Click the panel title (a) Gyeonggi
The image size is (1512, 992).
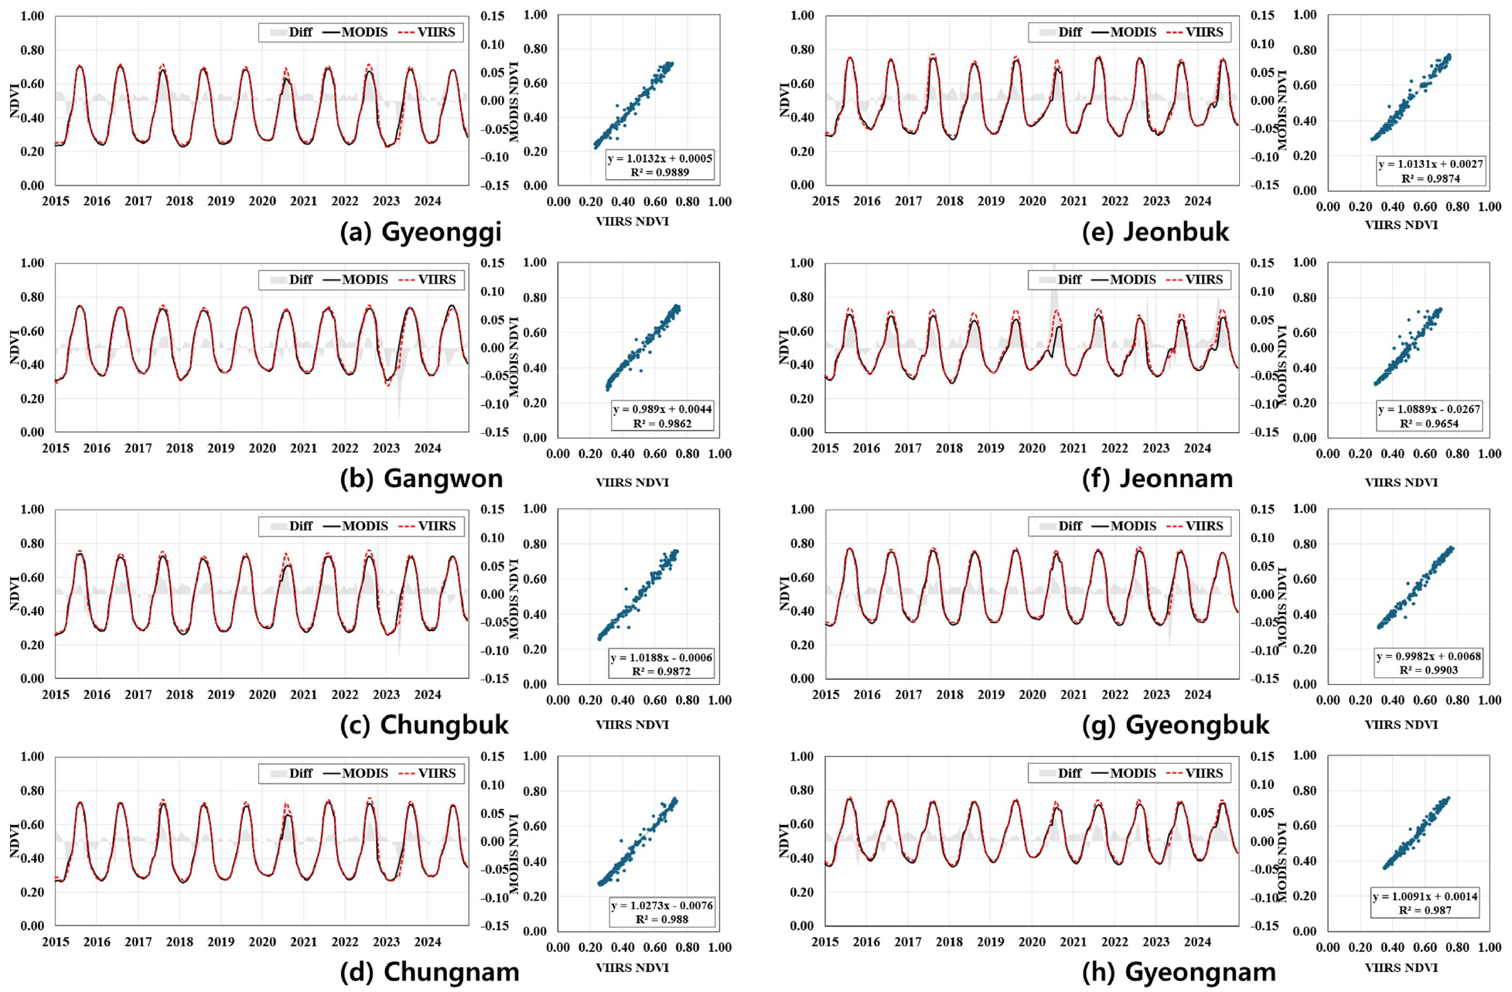pyautogui.click(x=421, y=232)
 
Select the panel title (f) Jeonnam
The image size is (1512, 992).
pyautogui.click(x=1158, y=479)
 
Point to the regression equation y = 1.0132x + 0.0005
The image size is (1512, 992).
pyautogui.click(x=660, y=159)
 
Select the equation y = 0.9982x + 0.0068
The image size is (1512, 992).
pyautogui.click(x=1428, y=656)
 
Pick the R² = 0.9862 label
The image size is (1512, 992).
pyautogui.click(x=662, y=424)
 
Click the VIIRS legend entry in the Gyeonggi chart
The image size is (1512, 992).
pyautogui.click(x=428, y=32)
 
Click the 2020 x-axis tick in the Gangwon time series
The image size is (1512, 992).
pyautogui.click(x=262, y=448)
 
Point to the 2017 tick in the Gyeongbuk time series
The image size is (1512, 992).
pyautogui.click(x=908, y=694)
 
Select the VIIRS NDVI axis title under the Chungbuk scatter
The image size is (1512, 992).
pyautogui.click(x=632, y=724)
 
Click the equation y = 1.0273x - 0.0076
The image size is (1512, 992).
pyautogui.click(x=662, y=905)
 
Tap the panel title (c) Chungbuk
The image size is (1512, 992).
pyautogui.click(x=424, y=725)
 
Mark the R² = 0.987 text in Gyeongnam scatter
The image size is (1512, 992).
pyautogui.click(x=1425, y=911)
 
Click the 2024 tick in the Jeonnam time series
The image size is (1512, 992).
pyautogui.click(x=1197, y=448)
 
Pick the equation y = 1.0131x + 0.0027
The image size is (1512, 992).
pyautogui.click(x=1430, y=164)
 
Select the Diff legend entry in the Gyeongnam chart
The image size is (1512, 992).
pyautogui.click(x=1060, y=773)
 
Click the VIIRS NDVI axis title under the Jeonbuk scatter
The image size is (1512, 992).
pyautogui.click(x=1401, y=225)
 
